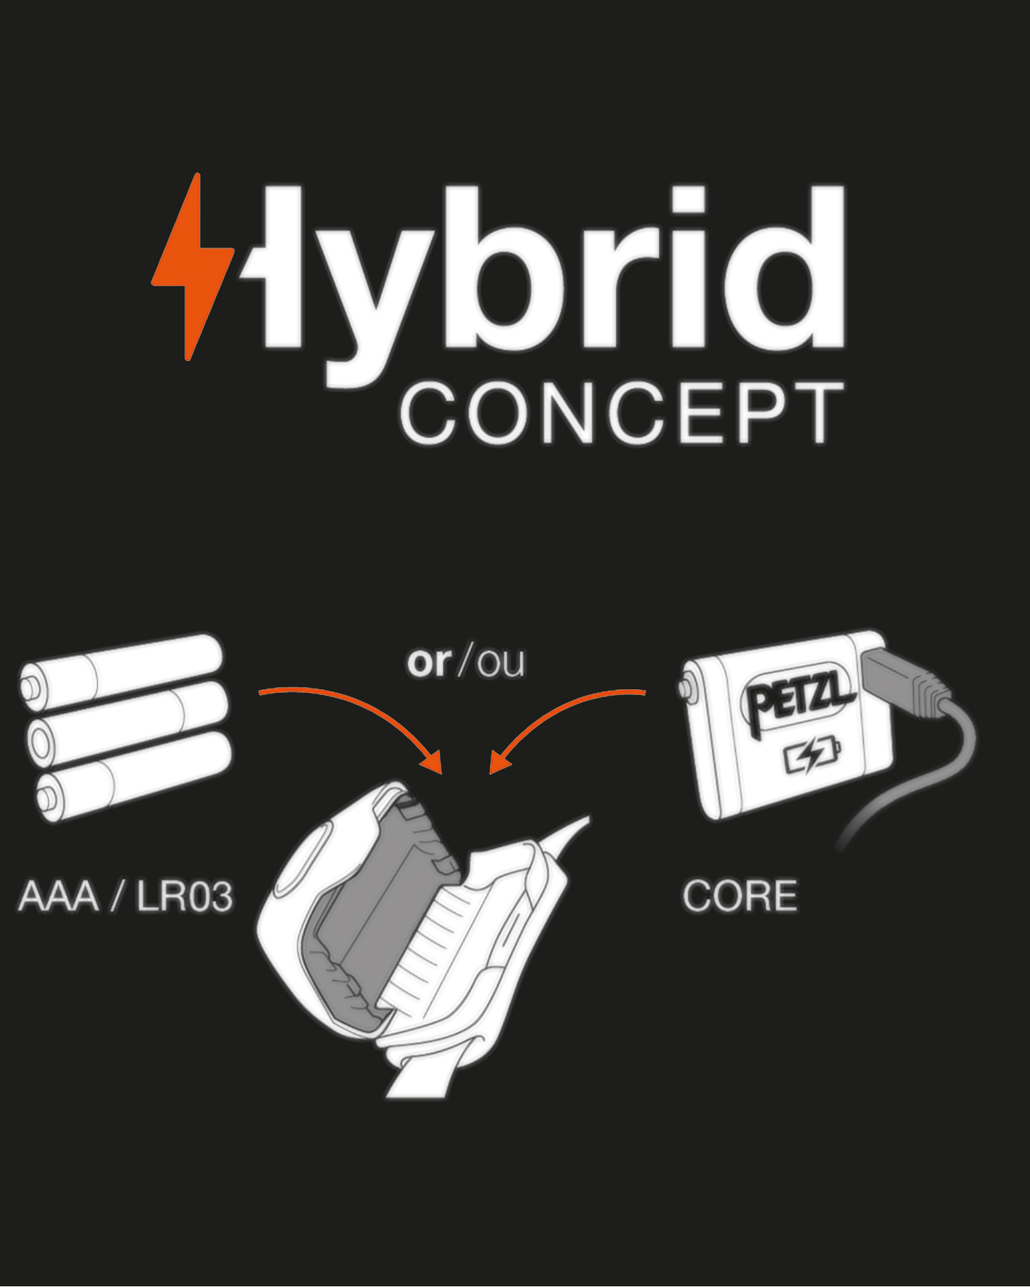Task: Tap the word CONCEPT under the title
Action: [621, 413]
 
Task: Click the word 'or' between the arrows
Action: [429, 662]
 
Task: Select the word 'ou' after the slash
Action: [501, 662]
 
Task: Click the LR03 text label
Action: [185, 896]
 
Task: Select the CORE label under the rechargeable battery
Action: [740, 896]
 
